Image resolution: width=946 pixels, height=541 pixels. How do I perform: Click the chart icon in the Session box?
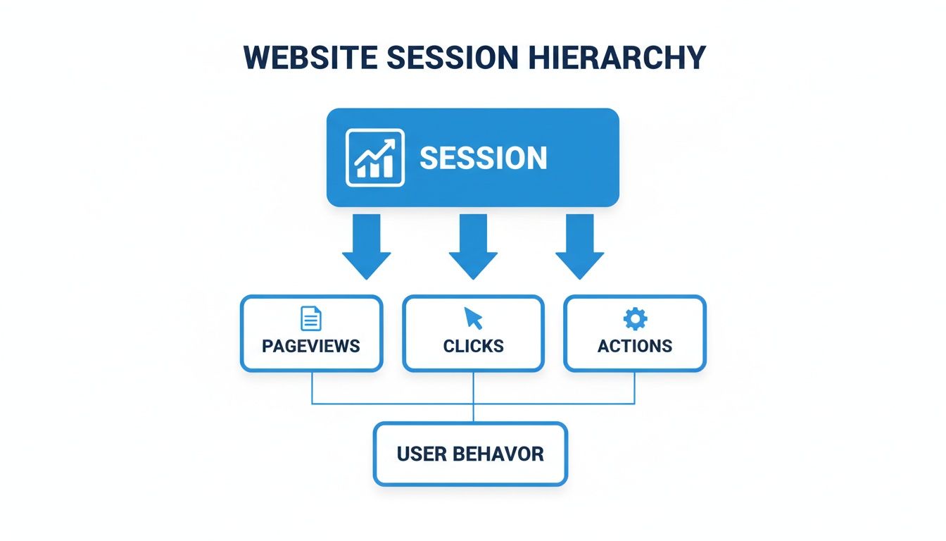pyautogui.click(x=375, y=158)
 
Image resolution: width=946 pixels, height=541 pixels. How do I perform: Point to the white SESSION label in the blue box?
pyautogui.click(x=483, y=158)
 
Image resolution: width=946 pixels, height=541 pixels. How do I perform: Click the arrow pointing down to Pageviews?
pyautogui.click(x=366, y=247)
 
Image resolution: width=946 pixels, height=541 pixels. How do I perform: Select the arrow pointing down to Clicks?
pyautogui.click(x=473, y=247)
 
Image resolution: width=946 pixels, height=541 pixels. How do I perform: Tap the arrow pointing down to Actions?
pyautogui.click(x=580, y=247)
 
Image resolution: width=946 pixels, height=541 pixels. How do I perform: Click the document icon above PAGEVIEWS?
pyautogui.click(x=310, y=319)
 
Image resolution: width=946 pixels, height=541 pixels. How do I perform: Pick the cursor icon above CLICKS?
pyautogui.click(x=473, y=318)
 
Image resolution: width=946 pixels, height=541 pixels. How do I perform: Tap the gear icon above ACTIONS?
pyautogui.click(x=635, y=319)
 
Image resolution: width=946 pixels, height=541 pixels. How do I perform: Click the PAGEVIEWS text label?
pyautogui.click(x=311, y=346)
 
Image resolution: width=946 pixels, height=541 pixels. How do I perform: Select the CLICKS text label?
pyautogui.click(x=473, y=346)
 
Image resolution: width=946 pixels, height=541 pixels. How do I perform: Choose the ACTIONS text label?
pyautogui.click(x=635, y=346)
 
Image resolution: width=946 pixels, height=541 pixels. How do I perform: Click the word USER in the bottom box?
pyautogui.click(x=421, y=454)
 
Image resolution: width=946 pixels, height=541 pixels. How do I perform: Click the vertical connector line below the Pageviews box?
pyautogui.click(x=312, y=387)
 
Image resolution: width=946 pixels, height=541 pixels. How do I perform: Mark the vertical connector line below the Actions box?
pyautogui.click(x=635, y=387)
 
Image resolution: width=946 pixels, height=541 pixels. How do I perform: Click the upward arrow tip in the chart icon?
pyautogui.click(x=390, y=142)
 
